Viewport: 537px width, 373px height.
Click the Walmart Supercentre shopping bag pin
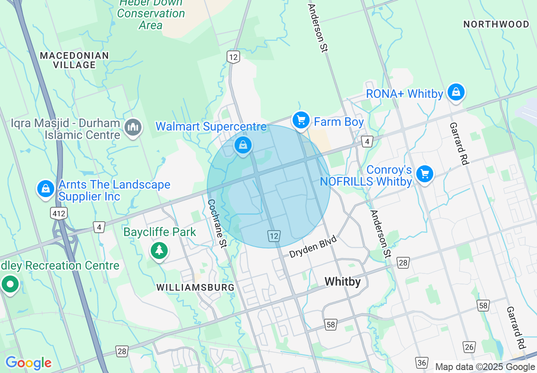[x=243, y=145]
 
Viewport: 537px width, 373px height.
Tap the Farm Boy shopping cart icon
[x=301, y=121]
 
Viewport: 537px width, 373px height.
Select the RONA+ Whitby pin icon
[x=456, y=92]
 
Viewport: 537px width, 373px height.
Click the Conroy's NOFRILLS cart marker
[x=424, y=174]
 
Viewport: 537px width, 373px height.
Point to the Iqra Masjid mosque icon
[x=133, y=127]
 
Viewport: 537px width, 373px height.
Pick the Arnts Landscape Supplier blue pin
[x=45, y=189]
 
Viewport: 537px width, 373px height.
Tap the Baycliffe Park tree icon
[x=159, y=250]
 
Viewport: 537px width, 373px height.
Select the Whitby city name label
[x=343, y=282]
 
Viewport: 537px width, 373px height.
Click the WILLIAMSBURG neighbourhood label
[x=195, y=287]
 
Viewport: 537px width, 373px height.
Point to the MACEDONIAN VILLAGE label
[x=75, y=60]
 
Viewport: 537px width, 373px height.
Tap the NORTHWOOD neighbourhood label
[x=496, y=24]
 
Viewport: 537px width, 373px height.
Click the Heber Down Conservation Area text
[x=151, y=14]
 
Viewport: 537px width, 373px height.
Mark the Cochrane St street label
[x=217, y=223]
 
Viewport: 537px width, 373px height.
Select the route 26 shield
[x=469, y=347]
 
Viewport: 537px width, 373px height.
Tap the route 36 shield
[x=421, y=363]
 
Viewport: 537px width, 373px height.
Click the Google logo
[x=28, y=363]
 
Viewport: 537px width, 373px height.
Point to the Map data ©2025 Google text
[x=485, y=367]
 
